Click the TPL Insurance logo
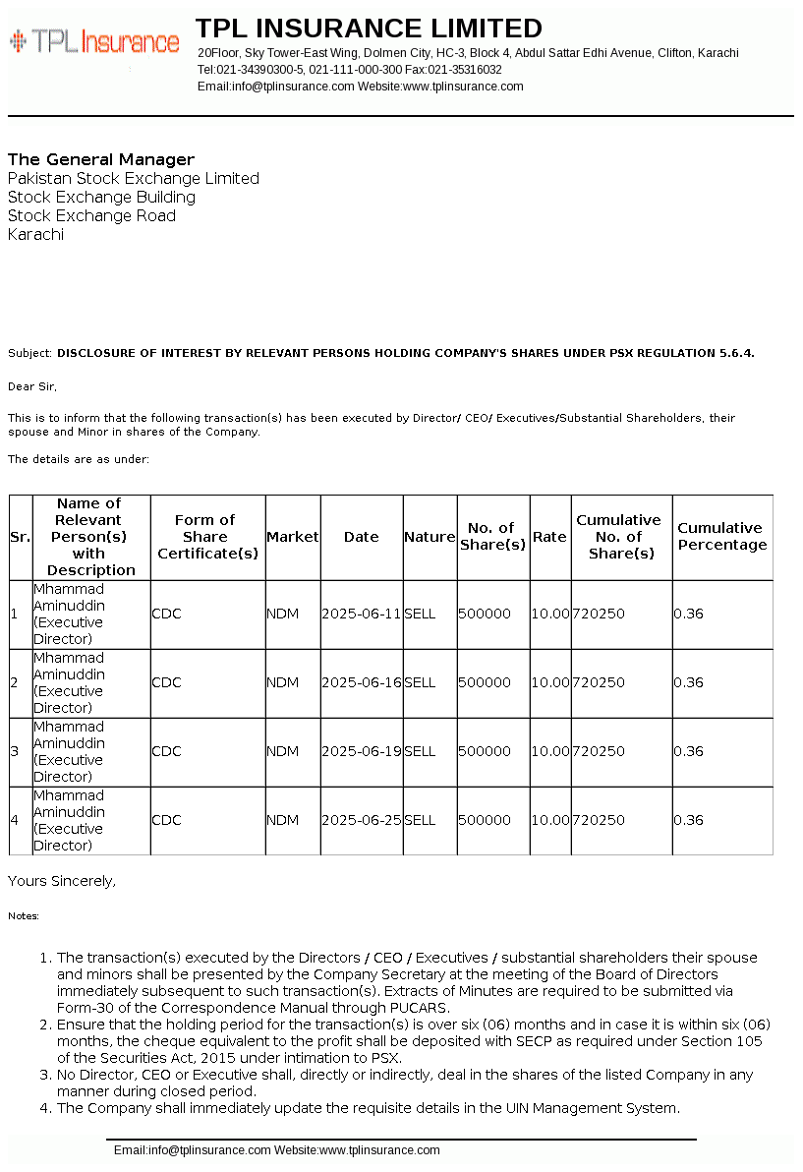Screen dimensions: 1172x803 [94, 41]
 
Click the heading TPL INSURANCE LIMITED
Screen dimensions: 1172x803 [369, 28]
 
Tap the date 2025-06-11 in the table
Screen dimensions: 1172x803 [361, 614]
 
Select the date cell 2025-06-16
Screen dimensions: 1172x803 [361, 682]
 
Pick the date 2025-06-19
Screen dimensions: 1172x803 [361, 751]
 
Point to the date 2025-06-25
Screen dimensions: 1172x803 [361, 820]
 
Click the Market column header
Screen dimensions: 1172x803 [293, 537]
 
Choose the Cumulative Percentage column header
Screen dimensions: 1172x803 [721, 537]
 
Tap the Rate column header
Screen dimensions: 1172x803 [549, 537]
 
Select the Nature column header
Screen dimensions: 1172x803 [430, 537]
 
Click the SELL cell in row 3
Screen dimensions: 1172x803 [420, 751]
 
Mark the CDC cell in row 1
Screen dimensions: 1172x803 [166, 614]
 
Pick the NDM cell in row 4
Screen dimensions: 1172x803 [282, 820]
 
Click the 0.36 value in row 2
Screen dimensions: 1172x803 [688, 682]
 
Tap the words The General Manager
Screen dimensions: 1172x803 [101, 159]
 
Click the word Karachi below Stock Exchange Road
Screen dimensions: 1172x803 [35, 235]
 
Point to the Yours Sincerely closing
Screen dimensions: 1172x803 [61, 881]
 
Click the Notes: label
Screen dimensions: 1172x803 [24, 916]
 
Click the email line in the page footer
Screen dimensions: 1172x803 [276, 1150]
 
